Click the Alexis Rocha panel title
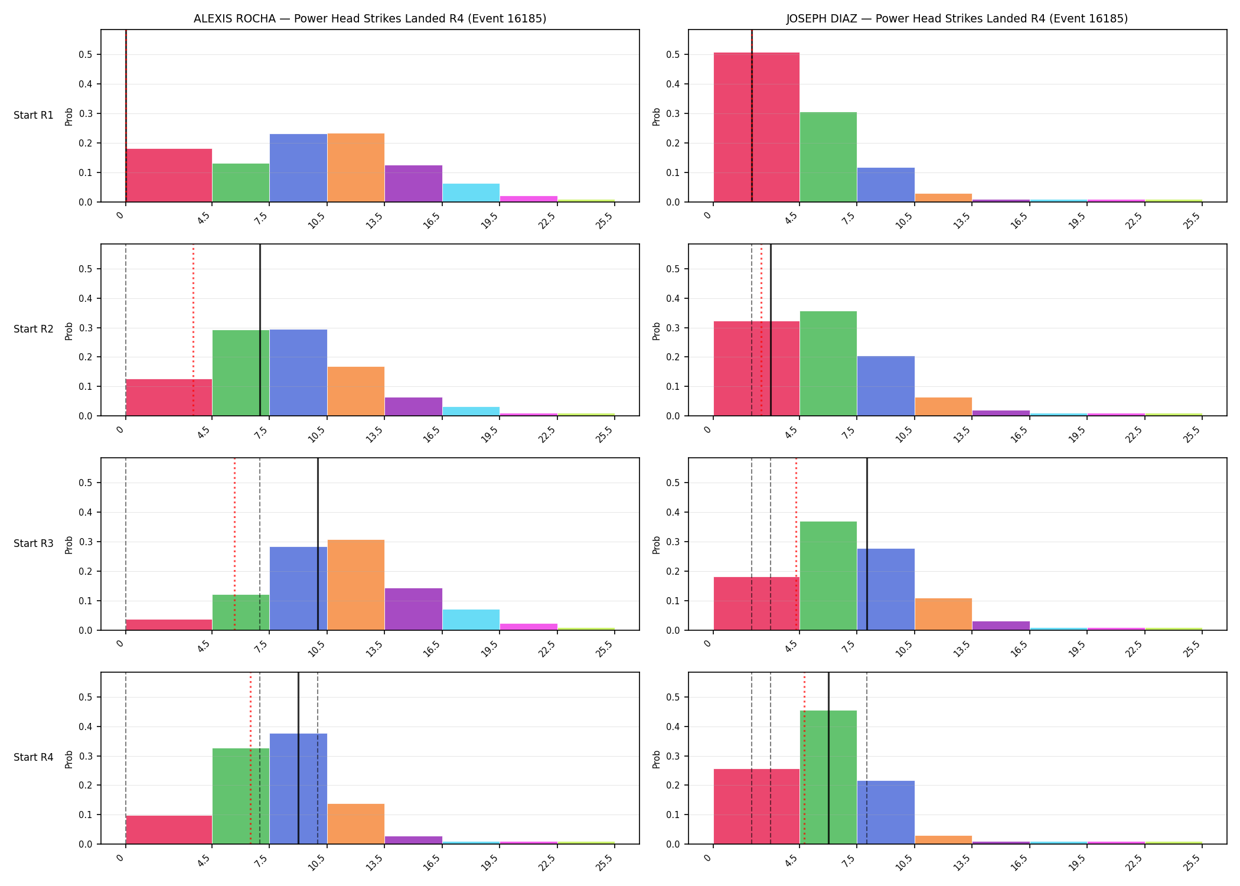[x=370, y=18]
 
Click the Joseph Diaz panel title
[x=957, y=18]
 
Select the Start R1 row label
[x=34, y=115]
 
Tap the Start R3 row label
[x=34, y=543]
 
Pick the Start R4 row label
[x=34, y=757]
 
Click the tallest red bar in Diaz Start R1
[x=756, y=127]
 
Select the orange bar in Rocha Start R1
[x=355, y=168]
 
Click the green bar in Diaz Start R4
[x=828, y=777]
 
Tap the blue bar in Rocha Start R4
[x=298, y=789]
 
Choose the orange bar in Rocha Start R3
[x=355, y=585]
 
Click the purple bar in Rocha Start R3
[x=413, y=609]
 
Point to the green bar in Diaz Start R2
[x=828, y=363]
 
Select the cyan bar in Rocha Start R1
[x=471, y=193]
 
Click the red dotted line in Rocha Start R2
[x=193, y=330]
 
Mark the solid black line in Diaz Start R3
[x=867, y=544]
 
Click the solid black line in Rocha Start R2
[x=260, y=330]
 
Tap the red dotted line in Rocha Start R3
[x=234, y=544]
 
